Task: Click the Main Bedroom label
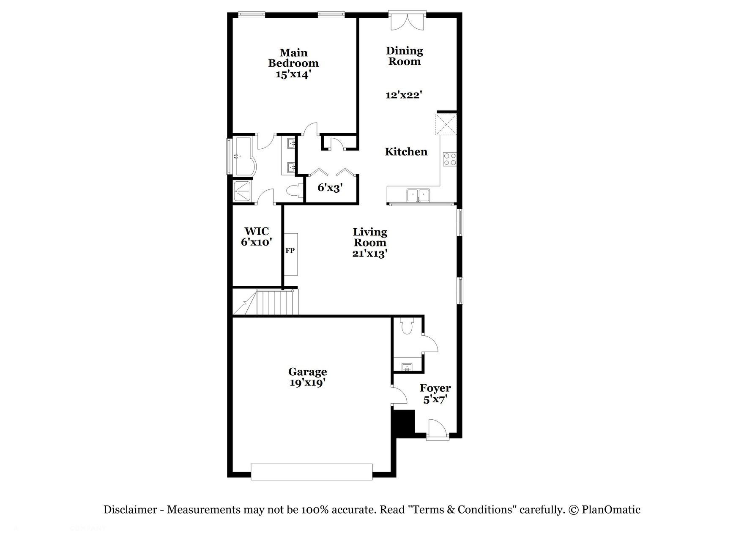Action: point(293,58)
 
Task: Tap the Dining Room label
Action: point(405,56)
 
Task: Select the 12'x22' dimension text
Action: point(404,95)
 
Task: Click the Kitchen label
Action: point(406,152)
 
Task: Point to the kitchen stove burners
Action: point(449,159)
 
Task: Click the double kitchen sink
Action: point(418,195)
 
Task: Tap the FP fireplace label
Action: point(290,251)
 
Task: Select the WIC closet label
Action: point(257,232)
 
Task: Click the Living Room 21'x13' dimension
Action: point(370,254)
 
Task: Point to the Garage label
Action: point(307,372)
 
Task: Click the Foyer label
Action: point(435,388)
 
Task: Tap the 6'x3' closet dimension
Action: point(330,188)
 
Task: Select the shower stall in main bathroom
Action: point(243,191)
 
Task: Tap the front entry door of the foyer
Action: point(437,430)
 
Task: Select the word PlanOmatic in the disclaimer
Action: point(611,510)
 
